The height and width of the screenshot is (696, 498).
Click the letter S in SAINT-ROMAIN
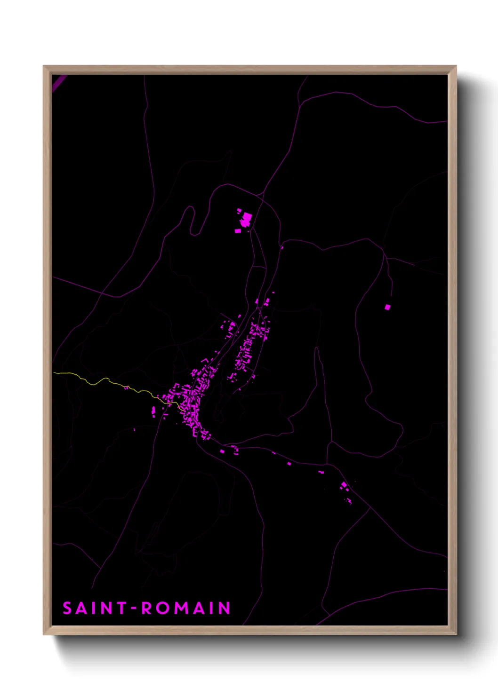tap(67, 608)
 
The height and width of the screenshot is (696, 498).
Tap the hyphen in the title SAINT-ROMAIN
tap(134, 609)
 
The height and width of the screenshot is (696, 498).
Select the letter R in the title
tap(147, 608)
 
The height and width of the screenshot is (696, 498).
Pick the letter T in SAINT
tap(121, 608)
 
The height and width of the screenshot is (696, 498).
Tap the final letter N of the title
tap(225, 608)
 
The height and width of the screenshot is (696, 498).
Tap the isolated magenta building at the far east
tap(387, 307)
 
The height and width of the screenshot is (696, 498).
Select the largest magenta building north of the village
tap(247, 218)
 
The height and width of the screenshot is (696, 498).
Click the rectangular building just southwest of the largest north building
tap(237, 231)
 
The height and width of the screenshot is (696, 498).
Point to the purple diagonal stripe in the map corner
tap(59, 83)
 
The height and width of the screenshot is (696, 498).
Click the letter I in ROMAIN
tap(211, 608)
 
